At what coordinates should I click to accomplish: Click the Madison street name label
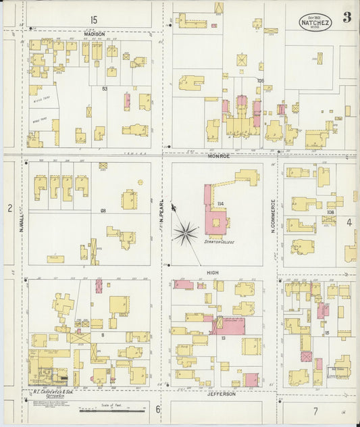tap(95, 33)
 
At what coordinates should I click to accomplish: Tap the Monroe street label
tap(218, 156)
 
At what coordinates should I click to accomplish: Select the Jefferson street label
tap(221, 393)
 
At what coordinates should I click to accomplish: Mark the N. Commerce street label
tap(274, 216)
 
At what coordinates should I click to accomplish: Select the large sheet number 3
tap(346, 18)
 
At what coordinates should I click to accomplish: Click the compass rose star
tap(184, 234)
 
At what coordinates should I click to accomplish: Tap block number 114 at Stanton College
tap(220, 203)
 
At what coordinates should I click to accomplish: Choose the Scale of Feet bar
tap(113, 409)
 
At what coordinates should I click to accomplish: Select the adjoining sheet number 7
tap(315, 411)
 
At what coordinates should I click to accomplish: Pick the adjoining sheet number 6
tap(158, 409)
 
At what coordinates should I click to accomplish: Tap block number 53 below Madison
tap(105, 89)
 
